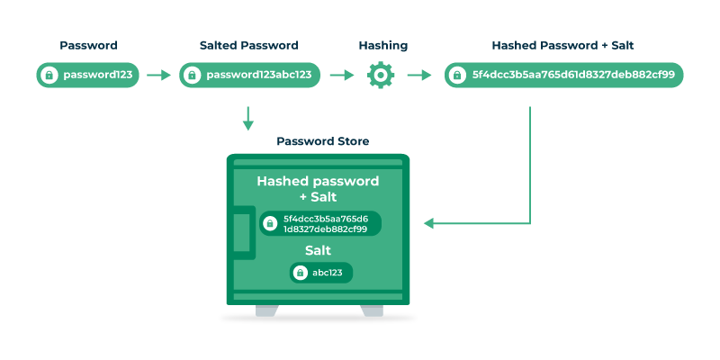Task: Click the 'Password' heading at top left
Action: click(x=88, y=45)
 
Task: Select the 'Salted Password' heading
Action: click(x=249, y=45)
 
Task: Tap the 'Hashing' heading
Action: click(x=382, y=45)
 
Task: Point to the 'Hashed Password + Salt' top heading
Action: click(x=564, y=45)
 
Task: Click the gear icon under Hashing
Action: click(x=382, y=76)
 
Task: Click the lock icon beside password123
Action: click(x=49, y=76)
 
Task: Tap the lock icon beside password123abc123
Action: click(x=192, y=76)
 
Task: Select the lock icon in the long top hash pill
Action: click(x=458, y=76)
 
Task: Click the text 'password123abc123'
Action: click(x=259, y=76)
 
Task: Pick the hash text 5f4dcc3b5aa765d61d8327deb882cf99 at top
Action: click(x=573, y=76)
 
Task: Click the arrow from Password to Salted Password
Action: click(x=158, y=76)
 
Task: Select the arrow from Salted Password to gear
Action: click(x=342, y=76)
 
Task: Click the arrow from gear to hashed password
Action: click(x=419, y=76)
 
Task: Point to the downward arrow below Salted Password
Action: click(x=248, y=117)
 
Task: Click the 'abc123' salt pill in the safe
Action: click(x=321, y=273)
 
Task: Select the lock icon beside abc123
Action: click(x=301, y=273)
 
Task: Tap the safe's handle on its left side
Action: click(x=240, y=232)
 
